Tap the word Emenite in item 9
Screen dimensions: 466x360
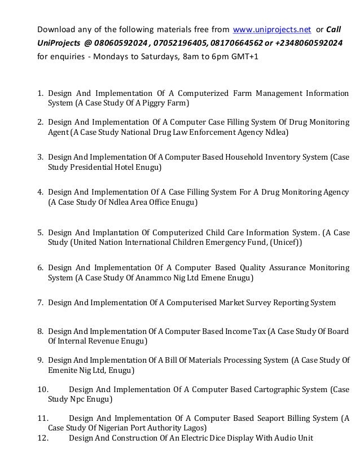64,370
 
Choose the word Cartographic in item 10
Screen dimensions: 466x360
267,389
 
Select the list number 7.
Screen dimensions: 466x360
40,302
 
